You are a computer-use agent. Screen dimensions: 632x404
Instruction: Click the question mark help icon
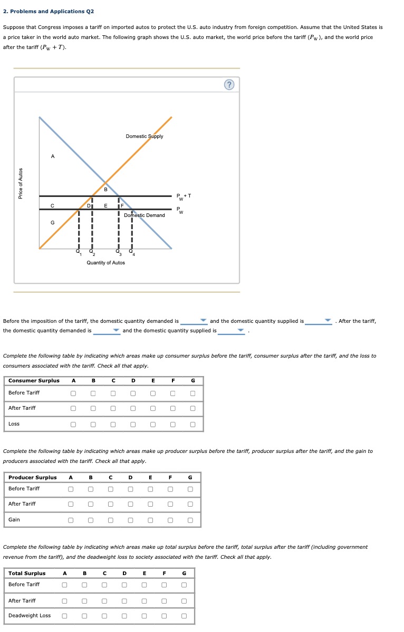pyautogui.click(x=229, y=85)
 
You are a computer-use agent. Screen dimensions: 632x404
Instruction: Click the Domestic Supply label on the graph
pyautogui.click(x=144, y=136)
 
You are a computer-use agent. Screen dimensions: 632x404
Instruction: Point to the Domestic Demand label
pyautogui.click(x=144, y=215)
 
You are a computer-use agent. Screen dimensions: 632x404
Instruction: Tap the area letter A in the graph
pyautogui.click(x=52, y=156)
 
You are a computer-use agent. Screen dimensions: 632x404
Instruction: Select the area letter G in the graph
pyautogui.click(x=52, y=223)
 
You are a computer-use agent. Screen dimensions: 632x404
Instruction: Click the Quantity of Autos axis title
pyautogui.click(x=105, y=263)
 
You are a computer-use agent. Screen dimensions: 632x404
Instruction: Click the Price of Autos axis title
pyautogui.click(x=21, y=183)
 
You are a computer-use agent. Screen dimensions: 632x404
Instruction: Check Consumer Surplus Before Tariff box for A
pyautogui.click(x=74, y=393)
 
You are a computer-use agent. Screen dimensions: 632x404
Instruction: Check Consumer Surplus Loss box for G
pyautogui.click(x=193, y=424)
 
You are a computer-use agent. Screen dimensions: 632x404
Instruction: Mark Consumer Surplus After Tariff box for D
pyautogui.click(x=133, y=408)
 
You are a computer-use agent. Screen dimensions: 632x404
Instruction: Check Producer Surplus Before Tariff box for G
pyautogui.click(x=190, y=489)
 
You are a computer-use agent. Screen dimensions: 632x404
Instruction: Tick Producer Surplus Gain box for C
pyautogui.click(x=110, y=520)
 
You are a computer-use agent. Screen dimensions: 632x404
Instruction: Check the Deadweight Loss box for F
pyautogui.click(x=164, y=616)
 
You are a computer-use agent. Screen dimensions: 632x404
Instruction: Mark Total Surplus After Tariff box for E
pyautogui.click(x=144, y=601)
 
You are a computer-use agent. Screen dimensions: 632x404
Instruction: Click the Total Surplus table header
pyautogui.click(x=27, y=574)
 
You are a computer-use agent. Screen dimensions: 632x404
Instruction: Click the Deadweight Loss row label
pyautogui.click(x=30, y=616)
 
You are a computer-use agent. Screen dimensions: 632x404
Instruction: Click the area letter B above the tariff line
pyautogui.click(x=105, y=190)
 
